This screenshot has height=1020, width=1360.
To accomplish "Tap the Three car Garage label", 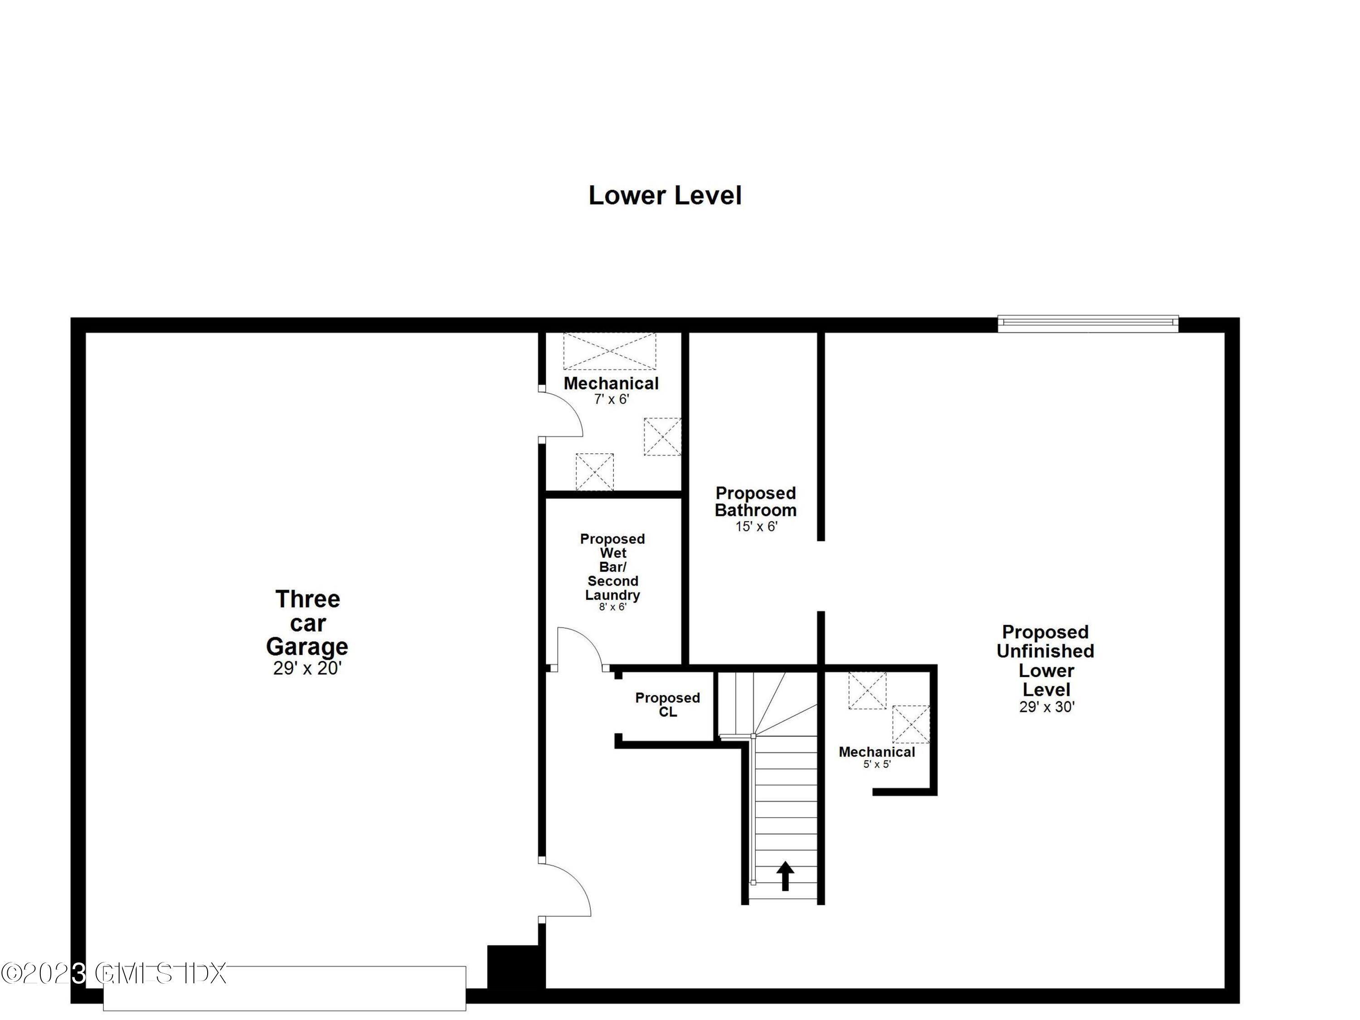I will coord(307,623).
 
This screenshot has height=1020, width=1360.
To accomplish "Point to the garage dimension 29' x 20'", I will coord(307,668).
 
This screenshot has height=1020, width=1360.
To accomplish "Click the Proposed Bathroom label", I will coord(756,502).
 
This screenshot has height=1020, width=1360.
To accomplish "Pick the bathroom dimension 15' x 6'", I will coord(756,527).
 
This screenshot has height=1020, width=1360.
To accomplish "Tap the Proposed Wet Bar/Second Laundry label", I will coord(612,566).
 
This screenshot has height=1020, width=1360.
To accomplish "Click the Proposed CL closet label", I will coord(667,705).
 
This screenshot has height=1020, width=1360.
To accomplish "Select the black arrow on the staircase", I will coord(785,875).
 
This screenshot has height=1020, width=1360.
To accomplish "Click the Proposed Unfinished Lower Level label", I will coord(1045,661).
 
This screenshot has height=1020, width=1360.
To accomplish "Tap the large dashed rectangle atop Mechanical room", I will coord(609,352).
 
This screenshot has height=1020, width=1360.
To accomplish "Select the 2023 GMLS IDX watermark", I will coord(114,973).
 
